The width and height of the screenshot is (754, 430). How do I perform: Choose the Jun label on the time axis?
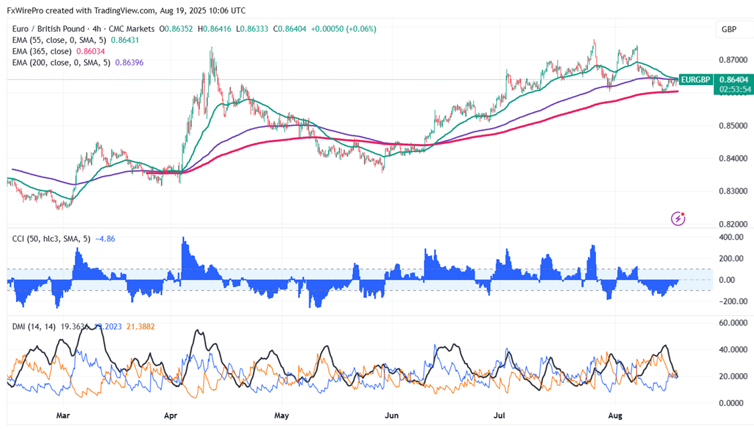[392, 416]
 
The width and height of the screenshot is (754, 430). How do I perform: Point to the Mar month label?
[63, 416]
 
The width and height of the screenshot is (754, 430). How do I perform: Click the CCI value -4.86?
[107, 238]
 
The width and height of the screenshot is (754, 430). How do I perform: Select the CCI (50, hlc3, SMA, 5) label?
[51, 238]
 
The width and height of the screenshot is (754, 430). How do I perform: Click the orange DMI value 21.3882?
[140, 326]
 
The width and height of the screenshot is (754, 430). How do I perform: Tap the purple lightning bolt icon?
[678, 218]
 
